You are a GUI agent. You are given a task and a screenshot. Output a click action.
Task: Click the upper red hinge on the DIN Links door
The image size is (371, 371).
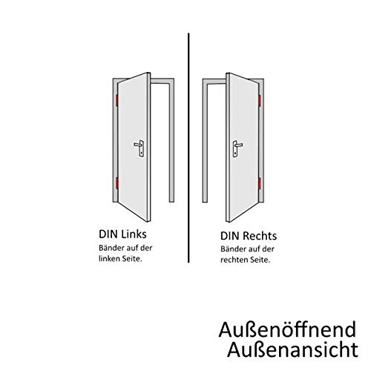click(116, 100)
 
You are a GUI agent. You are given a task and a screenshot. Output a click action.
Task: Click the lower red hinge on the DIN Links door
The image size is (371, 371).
click(116, 183)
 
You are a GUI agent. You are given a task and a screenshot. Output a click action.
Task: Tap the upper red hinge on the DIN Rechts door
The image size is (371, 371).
click(260, 101)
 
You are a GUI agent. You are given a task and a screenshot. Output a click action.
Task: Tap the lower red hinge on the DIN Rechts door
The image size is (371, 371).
click(260, 183)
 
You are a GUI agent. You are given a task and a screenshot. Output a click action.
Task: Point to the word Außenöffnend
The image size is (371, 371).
click(287, 329)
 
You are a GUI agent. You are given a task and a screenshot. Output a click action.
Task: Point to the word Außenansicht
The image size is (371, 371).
click(292, 349)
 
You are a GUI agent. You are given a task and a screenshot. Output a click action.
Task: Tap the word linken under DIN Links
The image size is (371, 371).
click(110, 258)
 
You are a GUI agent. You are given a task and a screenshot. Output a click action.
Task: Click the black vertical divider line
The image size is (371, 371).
click(188, 148)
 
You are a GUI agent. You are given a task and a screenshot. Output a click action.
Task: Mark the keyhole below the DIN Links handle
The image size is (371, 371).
click(141, 154)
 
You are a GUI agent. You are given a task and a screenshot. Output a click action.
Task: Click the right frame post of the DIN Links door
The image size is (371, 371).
click(171, 141)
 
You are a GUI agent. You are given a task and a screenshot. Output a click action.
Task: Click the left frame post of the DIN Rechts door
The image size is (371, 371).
click(205, 141)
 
